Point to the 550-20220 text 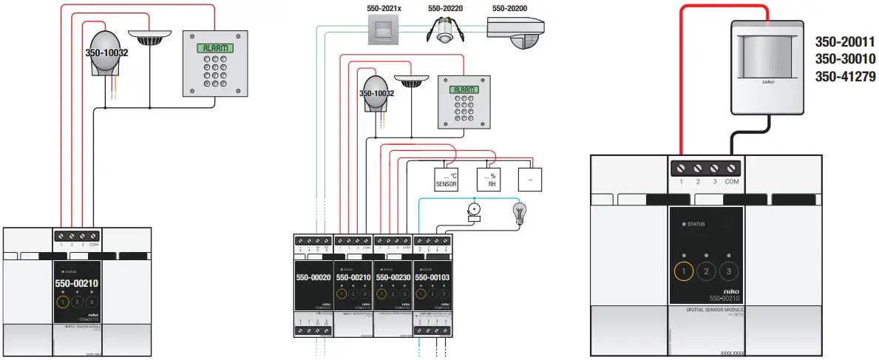(x=446, y=8)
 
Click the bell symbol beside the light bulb (x=473, y=211)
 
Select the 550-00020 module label (x=313, y=277)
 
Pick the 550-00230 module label (x=393, y=277)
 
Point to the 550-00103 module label (x=433, y=277)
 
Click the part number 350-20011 (x=844, y=42)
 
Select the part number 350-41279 (x=844, y=75)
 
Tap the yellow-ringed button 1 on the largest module (x=685, y=271)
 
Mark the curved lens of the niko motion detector (x=765, y=63)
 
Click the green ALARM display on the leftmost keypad (x=214, y=48)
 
